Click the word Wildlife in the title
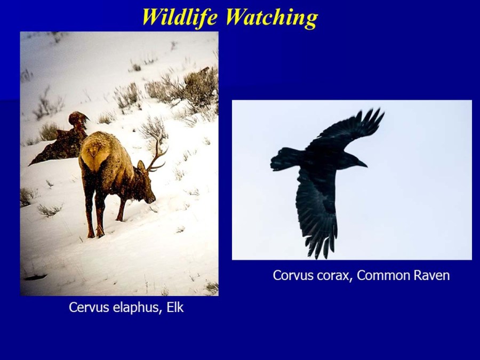[180, 17]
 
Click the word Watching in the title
[272, 18]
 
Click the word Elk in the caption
[175, 307]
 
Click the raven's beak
[362, 164]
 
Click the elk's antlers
[157, 153]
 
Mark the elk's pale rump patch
[95, 153]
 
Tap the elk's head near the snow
[147, 190]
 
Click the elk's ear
[141, 167]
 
